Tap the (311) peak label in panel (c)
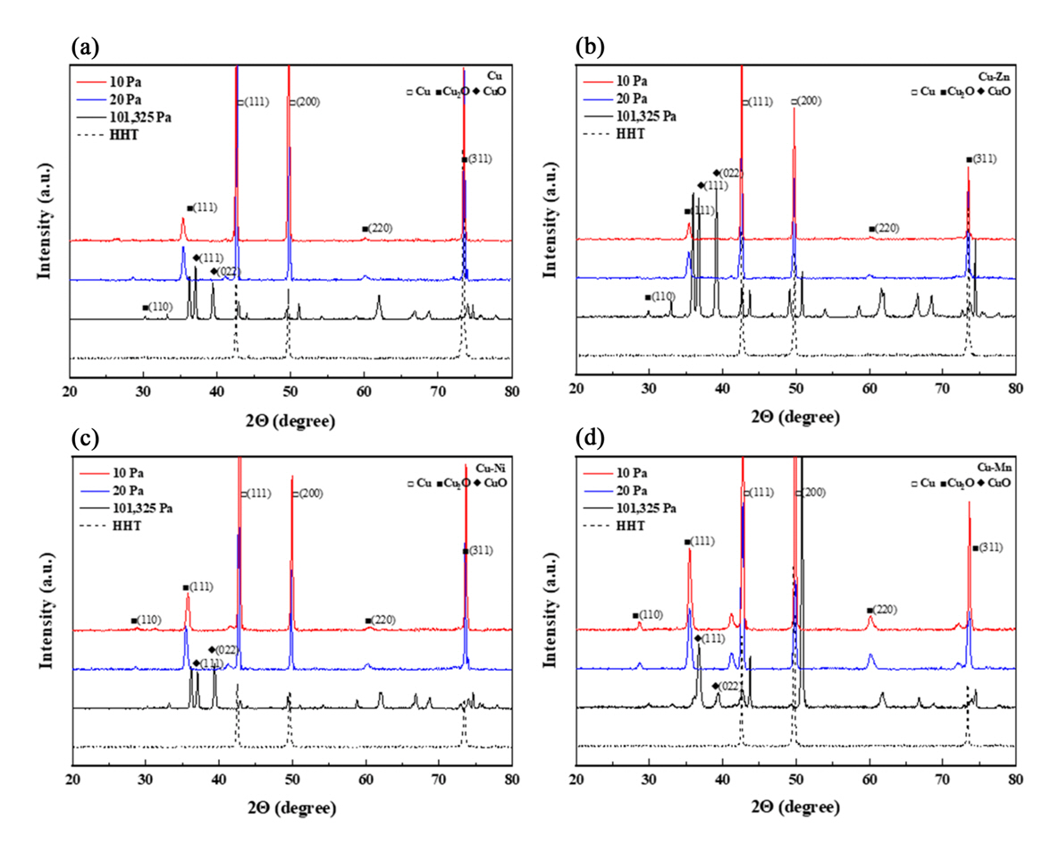point(479,550)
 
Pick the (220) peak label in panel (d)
point(882,610)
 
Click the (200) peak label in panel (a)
point(305,102)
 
